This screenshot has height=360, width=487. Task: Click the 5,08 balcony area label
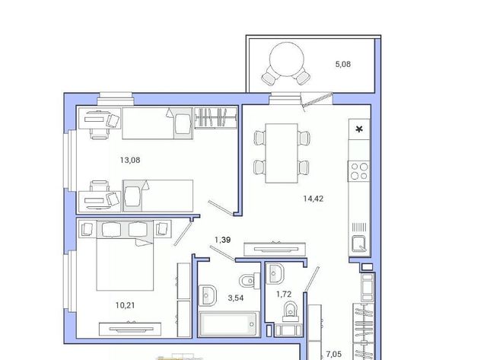pyautogui.click(x=343, y=64)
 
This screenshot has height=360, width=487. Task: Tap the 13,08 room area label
pyautogui.click(x=130, y=161)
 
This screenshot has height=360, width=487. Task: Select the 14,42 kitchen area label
pyautogui.click(x=313, y=199)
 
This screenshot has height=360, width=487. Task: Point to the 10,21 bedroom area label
pyautogui.click(x=125, y=305)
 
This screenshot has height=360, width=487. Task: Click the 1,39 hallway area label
pyautogui.click(x=223, y=240)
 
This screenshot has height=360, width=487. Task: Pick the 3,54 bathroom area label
pyautogui.click(x=236, y=298)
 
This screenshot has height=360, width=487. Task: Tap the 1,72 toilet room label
pyautogui.click(x=284, y=294)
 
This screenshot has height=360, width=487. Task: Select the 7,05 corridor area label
pyautogui.click(x=333, y=354)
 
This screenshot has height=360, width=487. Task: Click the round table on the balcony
pyautogui.click(x=287, y=59)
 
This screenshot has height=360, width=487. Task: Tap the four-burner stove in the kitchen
pyautogui.click(x=359, y=171)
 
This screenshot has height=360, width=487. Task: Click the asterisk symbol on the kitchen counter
pyautogui.click(x=359, y=129)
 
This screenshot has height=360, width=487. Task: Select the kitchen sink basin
pyautogui.click(x=359, y=244)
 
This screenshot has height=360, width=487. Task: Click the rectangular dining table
pyautogui.click(x=282, y=153)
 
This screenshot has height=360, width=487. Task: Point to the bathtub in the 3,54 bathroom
pyautogui.click(x=229, y=324)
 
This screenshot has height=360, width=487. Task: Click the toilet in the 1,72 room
pyautogui.click(x=291, y=311)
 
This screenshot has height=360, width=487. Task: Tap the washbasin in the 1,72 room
pyautogui.click(x=275, y=273)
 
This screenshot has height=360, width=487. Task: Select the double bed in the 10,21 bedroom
pyautogui.click(x=125, y=255)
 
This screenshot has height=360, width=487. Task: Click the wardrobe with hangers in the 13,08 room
pyautogui.click(x=216, y=118)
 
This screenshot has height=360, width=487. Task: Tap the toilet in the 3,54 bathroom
pyautogui.click(x=250, y=281)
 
